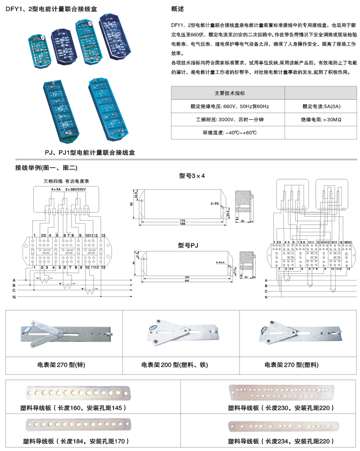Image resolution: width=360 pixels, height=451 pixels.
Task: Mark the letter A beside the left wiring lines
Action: [x=14, y=280]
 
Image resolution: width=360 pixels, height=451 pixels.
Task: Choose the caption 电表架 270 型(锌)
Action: [x=61, y=365]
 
